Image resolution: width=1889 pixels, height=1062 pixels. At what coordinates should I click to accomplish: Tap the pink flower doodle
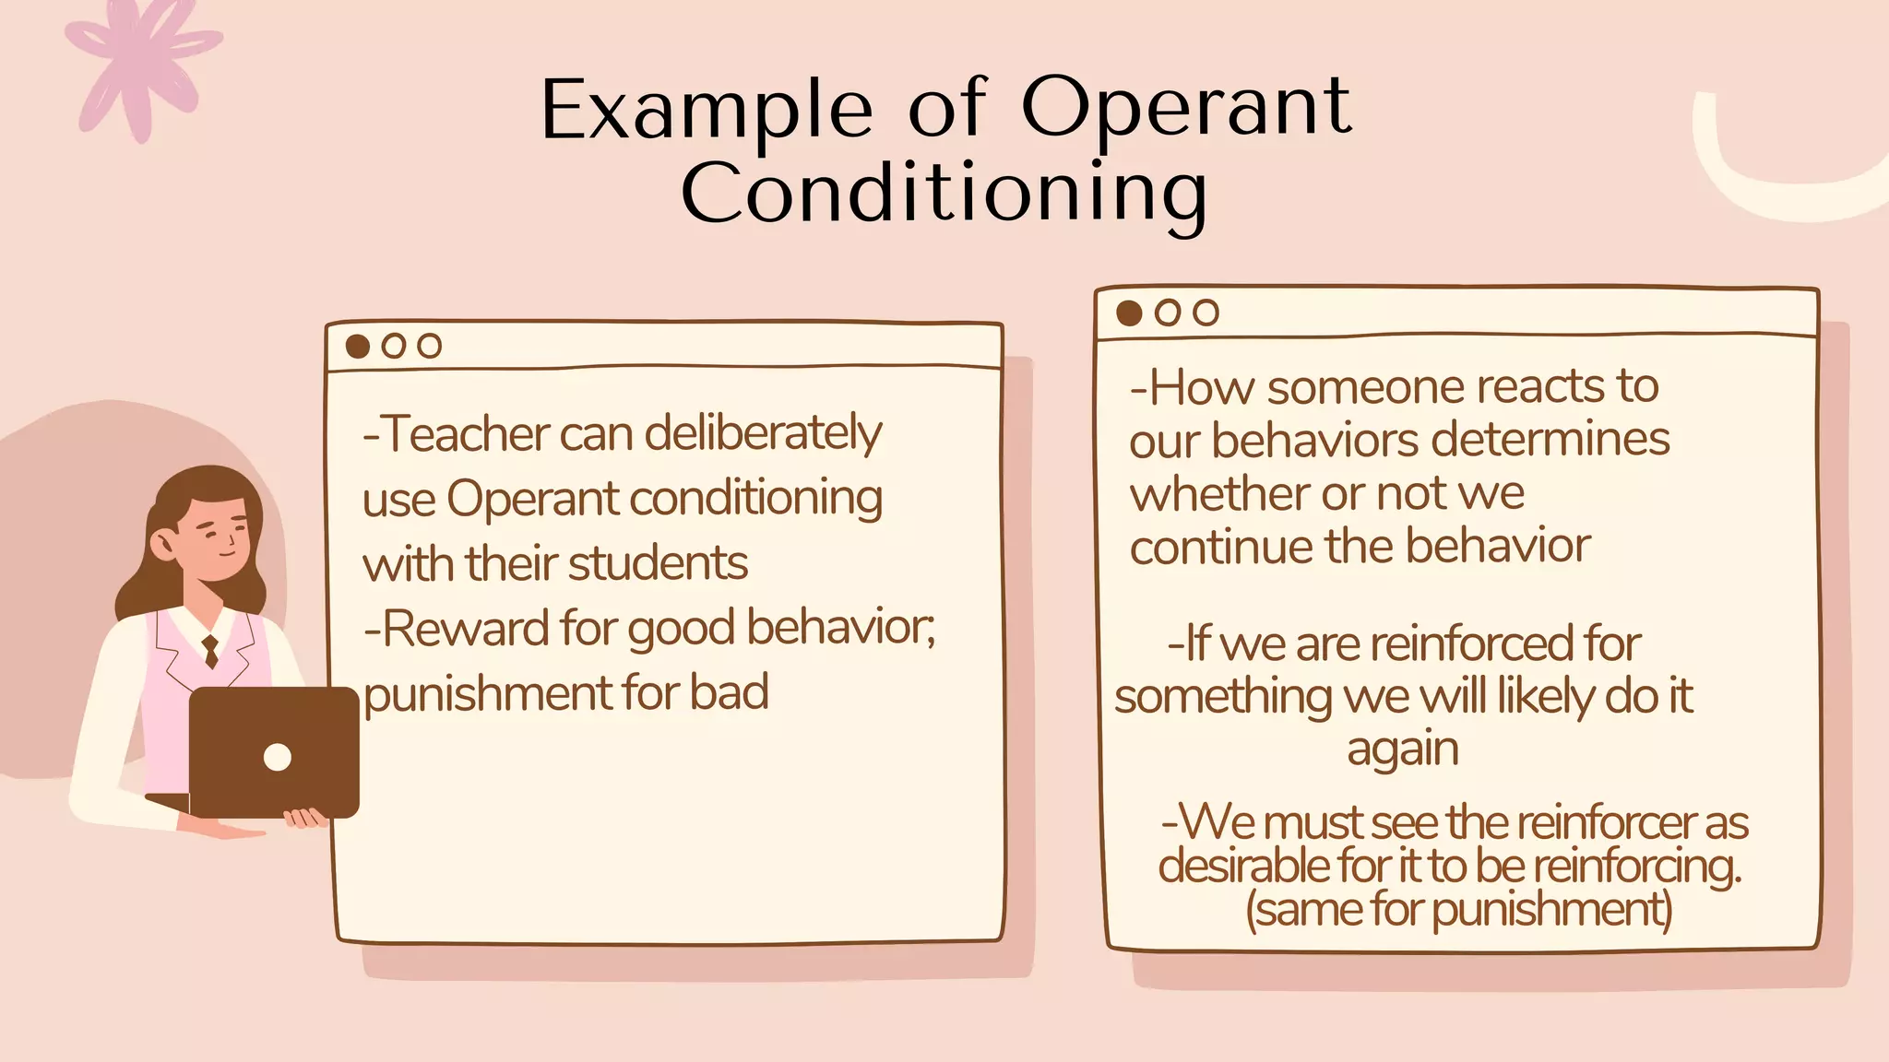click(x=138, y=64)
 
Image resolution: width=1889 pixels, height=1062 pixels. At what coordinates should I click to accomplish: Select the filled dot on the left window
click(x=358, y=347)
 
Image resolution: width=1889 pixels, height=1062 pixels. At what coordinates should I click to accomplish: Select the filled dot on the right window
click(x=1129, y=313)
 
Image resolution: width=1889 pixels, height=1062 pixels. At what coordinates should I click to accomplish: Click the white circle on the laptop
click(x=278, y=757)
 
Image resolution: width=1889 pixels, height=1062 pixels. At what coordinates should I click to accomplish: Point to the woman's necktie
click(x=211, y=650)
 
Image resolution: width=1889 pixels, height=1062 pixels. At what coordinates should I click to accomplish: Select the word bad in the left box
click(x=729, y=693)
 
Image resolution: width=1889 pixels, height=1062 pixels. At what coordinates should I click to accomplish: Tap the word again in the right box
click(x=1402, y=749)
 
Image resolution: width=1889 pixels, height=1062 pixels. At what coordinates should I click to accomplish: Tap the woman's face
click(x=214, y=539)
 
